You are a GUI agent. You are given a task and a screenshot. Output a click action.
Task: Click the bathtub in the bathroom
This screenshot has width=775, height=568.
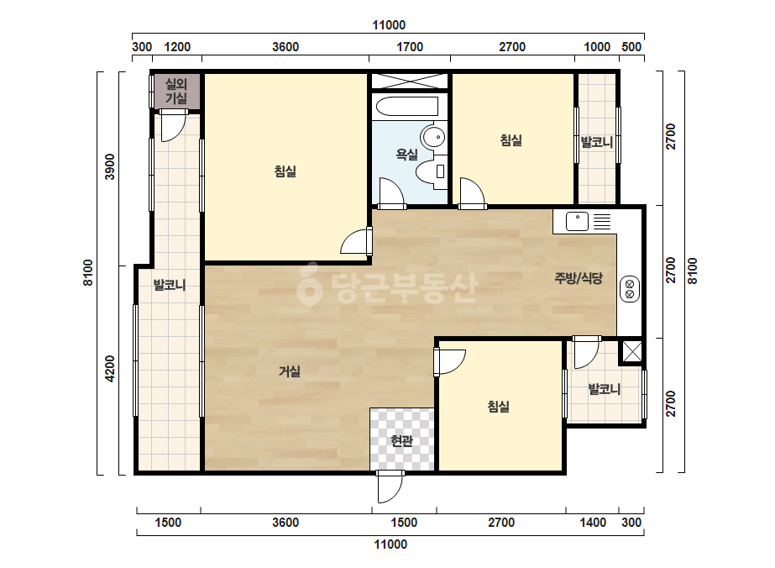pos(406,106)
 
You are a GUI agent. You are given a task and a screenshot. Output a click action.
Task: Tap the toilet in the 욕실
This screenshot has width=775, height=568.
pos(432,171)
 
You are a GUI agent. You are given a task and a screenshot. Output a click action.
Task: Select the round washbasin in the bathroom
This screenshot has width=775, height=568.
pos(433,137)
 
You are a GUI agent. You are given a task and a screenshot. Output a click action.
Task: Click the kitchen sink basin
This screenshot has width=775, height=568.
pos(577,221)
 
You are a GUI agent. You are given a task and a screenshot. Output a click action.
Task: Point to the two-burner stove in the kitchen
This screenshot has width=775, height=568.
pos(630,289)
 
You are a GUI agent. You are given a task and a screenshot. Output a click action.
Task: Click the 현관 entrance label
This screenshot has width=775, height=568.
pos(401,440)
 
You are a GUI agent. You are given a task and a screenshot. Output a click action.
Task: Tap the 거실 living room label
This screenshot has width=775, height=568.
pos(289,371)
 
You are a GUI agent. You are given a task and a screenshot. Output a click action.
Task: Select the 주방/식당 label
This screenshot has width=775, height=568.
pos(579,278)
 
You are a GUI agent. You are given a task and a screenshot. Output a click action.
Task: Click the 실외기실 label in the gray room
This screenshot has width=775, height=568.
pos(176,91)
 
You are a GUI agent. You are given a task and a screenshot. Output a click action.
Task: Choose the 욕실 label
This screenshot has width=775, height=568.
pos(406,155)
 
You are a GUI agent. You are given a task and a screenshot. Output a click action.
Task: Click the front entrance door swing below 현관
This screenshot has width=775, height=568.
pos(390,486)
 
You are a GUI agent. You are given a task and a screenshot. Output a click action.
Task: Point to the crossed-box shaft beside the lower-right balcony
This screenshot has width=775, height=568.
pos(631,351)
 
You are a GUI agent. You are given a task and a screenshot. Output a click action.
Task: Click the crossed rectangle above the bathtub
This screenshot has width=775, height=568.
pos(409,81)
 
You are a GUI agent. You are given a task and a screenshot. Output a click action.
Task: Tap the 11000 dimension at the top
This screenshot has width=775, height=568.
pos(389,25)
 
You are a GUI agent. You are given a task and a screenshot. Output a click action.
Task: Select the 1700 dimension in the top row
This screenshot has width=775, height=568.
pos(411,47)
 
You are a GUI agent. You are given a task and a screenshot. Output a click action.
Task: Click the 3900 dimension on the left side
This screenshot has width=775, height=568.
pos(110,167)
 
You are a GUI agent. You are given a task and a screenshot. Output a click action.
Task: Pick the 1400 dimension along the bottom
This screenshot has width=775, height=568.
pos(593,523)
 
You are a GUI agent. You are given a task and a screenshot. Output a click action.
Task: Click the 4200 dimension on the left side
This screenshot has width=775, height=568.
pos(110,369)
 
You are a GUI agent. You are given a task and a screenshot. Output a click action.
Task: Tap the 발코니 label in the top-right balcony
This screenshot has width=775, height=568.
pos(596,143)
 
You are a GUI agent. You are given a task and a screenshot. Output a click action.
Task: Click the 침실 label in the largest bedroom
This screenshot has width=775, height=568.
pos(285,171)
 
